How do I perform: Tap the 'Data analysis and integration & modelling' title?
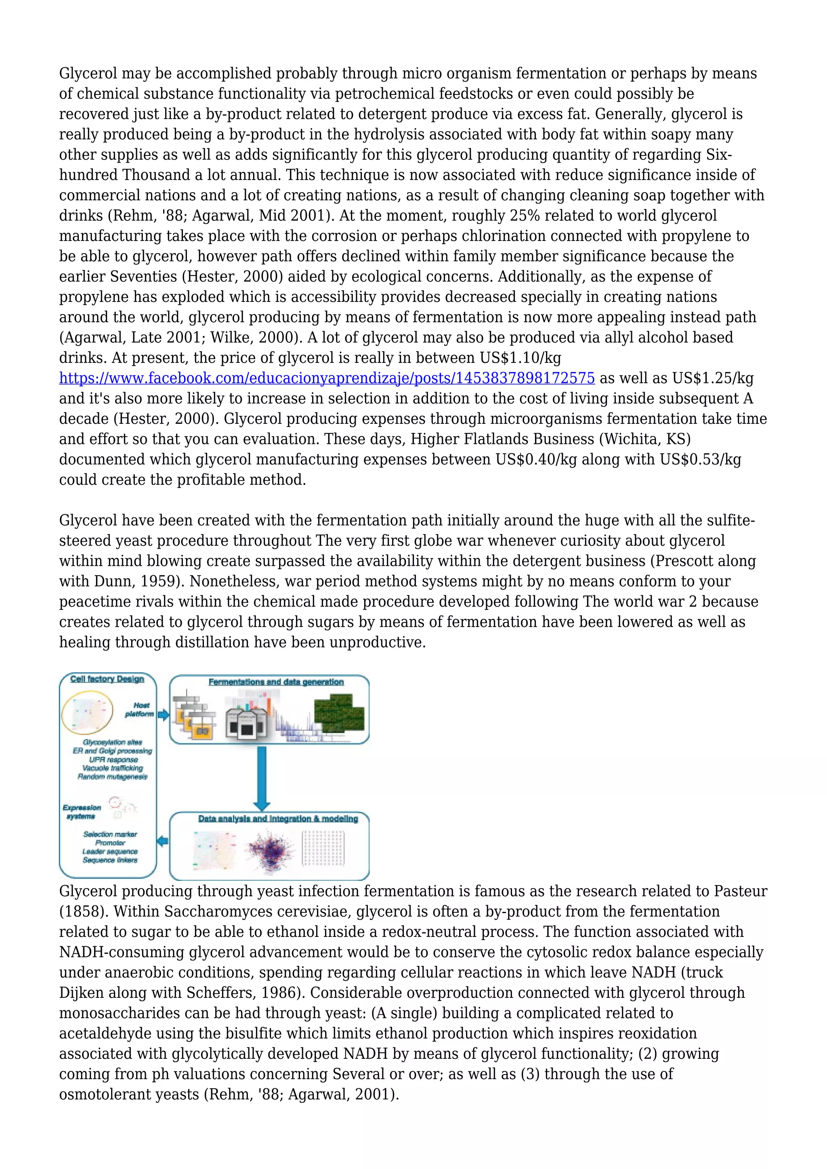(278, 819)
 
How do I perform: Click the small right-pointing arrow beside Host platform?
(164, 715)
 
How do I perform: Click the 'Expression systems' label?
(82, 812)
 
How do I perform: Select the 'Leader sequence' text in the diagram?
(110, 851)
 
